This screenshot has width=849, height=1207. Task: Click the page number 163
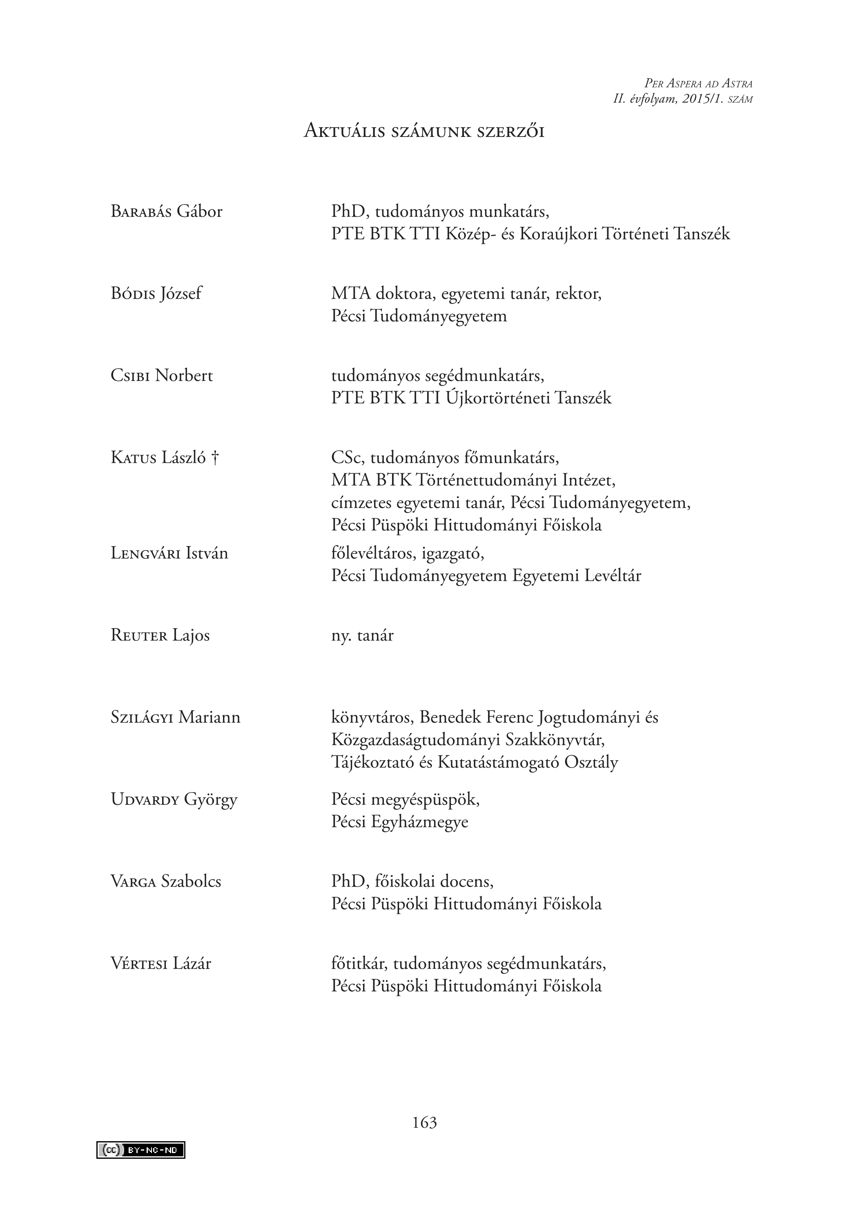pyautogui.click(x=425, y=1122)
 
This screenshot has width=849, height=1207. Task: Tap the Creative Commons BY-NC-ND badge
pyautogui.click(x=141, y=1150)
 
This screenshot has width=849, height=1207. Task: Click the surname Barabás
pyautogui.click(x=141, y=211)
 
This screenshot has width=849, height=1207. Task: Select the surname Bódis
pyautogui.click(x=133, y=293)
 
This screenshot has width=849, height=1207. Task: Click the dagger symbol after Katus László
pyautogui.click(x=215, y=457)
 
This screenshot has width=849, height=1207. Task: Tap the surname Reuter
pyautogui.click(x=139, y=635)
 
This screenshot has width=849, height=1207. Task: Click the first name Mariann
pyautogui.click(x=209, y=717)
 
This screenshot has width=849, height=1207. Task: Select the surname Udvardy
pyautogui.click(x=145, y=799)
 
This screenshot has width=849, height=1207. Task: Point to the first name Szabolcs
pyautogui.click(x=191, y=882)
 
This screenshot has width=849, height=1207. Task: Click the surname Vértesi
pyautogui.click(x=139, y=964)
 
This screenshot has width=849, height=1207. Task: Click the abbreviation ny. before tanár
pyautogui.click(x=341, y=636)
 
